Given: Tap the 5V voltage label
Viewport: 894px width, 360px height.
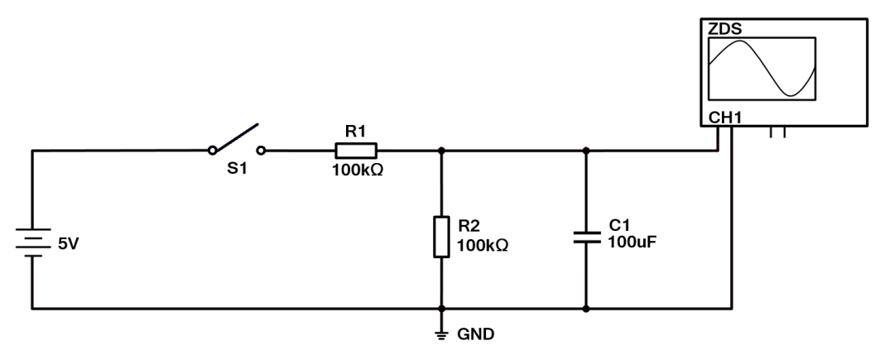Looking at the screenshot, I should coord(68,245).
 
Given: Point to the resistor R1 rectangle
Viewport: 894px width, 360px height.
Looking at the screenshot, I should coord(356,150).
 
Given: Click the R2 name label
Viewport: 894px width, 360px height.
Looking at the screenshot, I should coord(469,225).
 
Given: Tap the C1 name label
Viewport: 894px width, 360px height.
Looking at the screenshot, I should coord(619,225).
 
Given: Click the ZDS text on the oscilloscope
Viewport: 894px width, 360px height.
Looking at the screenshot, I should coord(724,30).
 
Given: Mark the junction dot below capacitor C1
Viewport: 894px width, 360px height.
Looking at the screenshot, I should coord(586,310).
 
